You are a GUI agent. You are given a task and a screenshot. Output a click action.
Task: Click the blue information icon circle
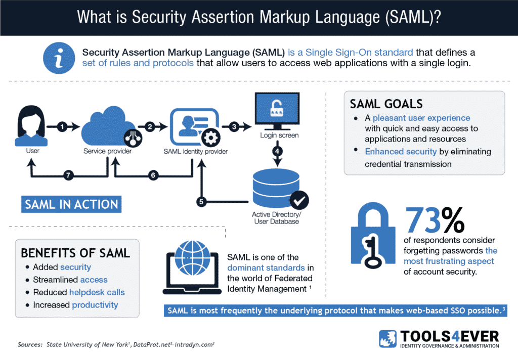(59, 58)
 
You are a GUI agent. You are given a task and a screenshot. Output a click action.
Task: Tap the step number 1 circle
(62, 126)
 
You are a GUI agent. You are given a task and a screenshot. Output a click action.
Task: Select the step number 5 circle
(201, 201)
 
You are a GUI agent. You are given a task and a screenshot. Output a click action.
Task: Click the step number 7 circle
(68, 175)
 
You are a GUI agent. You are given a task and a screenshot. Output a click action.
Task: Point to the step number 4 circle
(277, 151)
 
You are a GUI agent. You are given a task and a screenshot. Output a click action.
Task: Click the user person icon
(31, 126)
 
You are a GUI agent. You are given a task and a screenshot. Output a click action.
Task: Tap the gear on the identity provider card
(211, 138)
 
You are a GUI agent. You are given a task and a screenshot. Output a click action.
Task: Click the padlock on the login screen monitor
(277, 108)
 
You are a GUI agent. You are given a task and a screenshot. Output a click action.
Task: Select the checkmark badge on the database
(299, 200)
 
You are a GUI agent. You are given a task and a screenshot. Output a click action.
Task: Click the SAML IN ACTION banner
(71, 204)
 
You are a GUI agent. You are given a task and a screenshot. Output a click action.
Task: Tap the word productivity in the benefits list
(95, 305)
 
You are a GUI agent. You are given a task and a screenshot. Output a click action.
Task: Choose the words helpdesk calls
(97, 292)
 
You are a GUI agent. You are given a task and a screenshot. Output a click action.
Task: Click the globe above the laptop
(192, 258)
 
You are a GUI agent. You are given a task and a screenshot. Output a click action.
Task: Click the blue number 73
(423, 220)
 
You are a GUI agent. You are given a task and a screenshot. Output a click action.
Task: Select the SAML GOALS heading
(386, 104)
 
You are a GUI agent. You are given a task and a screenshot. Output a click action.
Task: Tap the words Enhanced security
(401, 152)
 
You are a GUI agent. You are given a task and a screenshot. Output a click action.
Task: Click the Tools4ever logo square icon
(388, 339)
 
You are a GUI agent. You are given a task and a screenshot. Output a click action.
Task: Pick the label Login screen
(279, 136)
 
